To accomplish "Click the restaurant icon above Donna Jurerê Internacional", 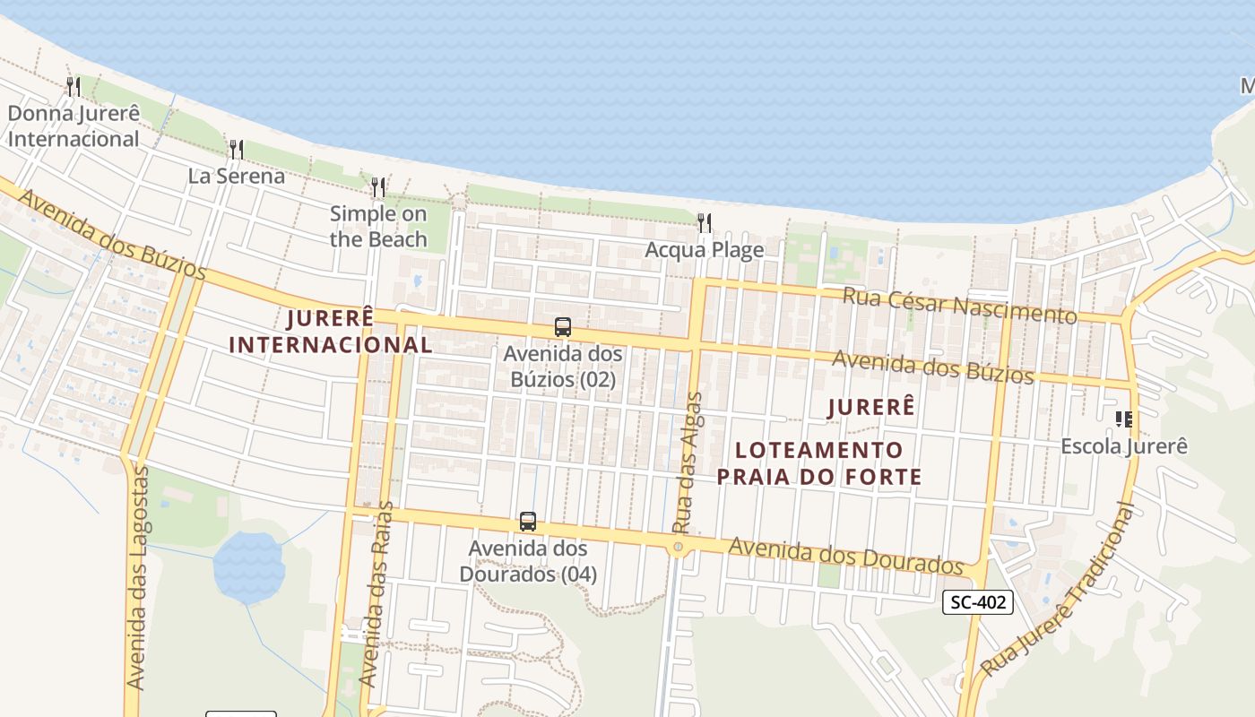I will point(74,87).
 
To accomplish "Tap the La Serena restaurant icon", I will point(237,149).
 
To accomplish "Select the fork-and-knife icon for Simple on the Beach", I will point(378,187).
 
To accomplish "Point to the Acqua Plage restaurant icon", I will point(705,223).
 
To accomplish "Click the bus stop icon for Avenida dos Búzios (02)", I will point(563,327).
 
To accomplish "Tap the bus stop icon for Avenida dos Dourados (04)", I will point(528,522).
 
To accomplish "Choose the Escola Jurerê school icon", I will point(1124,419).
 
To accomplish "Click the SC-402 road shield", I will point(978,602).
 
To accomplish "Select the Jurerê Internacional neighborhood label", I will point(330,331).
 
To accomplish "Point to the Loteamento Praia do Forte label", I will point(819,462).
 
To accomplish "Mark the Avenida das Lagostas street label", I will point(137,578).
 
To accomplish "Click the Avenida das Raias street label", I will point(376,596).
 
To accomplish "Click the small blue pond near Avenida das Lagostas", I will point(248,566).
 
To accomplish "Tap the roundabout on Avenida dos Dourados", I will point(679,545).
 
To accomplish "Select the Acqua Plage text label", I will point(705,250).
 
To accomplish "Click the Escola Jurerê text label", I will point(1124,445).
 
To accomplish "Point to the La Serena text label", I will point(237,176).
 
